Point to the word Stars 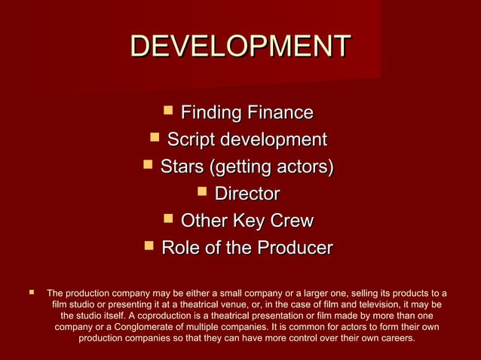point(183,167)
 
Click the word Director point(247,194)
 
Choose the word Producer point(293,248)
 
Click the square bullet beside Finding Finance point(168,112)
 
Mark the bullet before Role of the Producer point(149,247)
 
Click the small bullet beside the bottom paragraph point(31,291)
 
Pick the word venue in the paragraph point(239,304)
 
